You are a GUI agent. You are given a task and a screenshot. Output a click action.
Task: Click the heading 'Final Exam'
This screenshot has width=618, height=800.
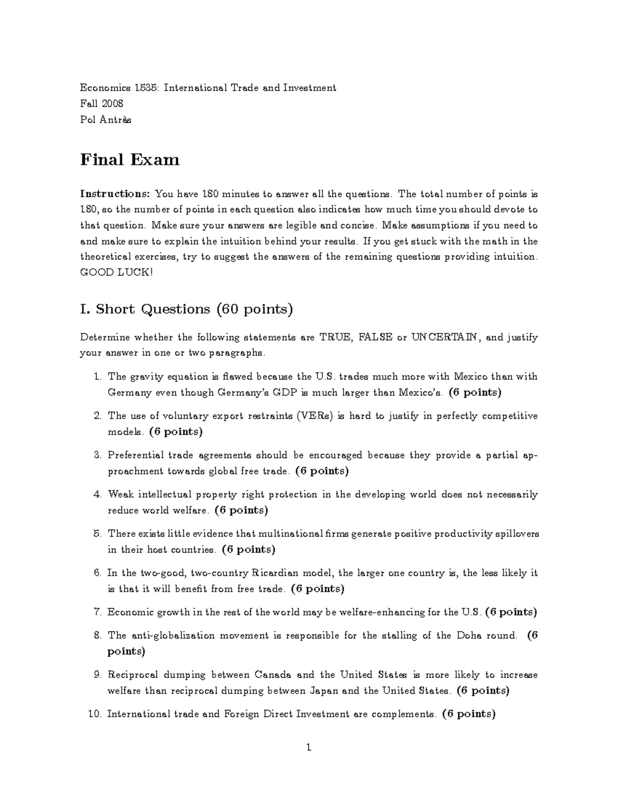130,160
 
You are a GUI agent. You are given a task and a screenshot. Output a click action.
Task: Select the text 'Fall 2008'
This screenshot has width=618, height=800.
101,104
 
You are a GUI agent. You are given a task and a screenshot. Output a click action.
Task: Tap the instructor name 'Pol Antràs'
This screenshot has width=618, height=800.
106,120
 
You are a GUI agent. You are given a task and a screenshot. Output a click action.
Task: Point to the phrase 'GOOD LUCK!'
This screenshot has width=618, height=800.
116,273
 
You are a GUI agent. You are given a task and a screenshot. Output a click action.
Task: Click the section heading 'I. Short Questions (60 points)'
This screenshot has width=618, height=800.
186,309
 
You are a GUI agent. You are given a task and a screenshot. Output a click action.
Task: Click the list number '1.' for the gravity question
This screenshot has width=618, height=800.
98,377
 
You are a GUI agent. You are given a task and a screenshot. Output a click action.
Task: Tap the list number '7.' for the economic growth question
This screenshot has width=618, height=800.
98,612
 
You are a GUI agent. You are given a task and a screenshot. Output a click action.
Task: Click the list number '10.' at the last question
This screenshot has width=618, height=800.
95,714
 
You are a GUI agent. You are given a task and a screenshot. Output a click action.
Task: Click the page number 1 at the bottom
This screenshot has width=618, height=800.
309,747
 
